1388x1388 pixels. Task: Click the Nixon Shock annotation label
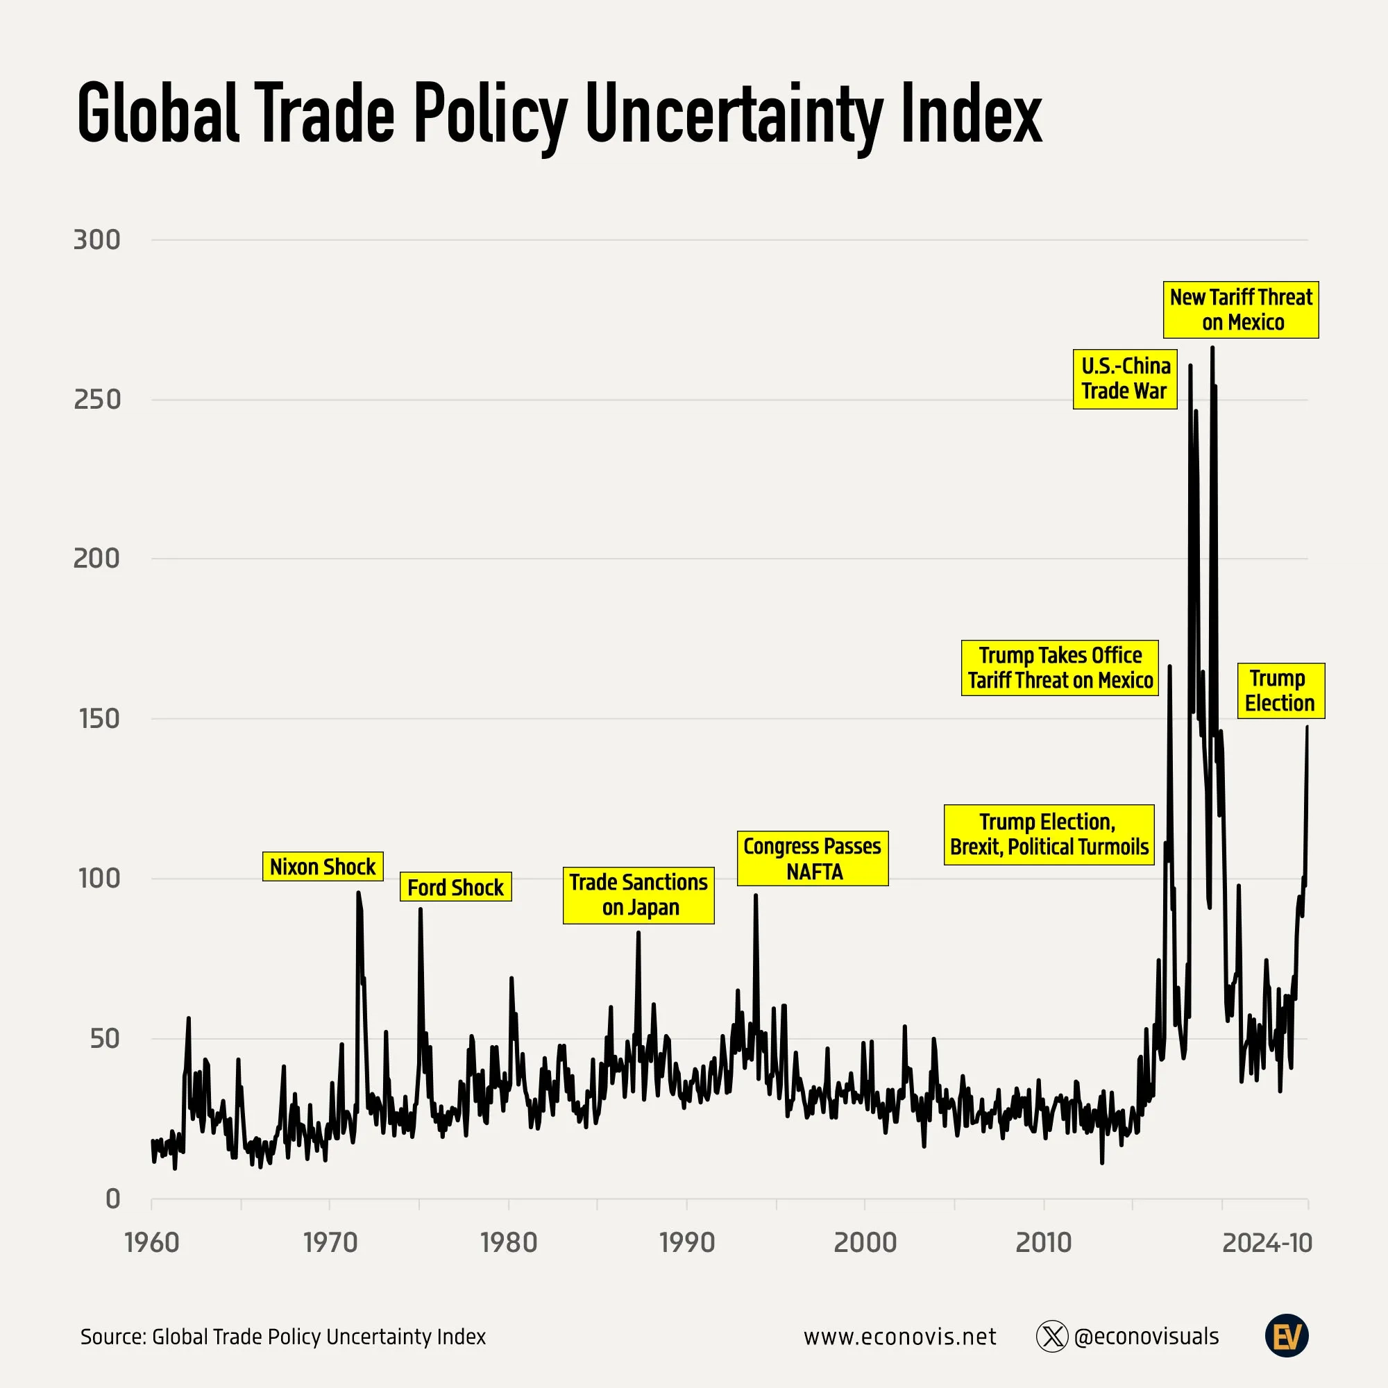coord(323,866)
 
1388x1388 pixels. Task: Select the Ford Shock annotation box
coord(455,887)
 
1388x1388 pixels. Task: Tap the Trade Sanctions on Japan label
coord(638,895)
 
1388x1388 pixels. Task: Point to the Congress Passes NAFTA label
coord(812,858)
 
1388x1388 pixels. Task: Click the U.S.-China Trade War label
coord(1124,379)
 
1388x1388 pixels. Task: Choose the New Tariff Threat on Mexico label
coord(1241,310)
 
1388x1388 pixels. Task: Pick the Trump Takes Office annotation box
coord(1060,668)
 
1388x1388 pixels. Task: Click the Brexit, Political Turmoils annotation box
coord(1048,834)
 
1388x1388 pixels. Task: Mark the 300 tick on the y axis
coord(97,240)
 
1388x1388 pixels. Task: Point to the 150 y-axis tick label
coord(99,718)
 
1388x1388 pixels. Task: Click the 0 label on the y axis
coord(113,1199)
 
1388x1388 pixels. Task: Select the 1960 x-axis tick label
coord(151,1242)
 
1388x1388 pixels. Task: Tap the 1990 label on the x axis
coord(687,1242)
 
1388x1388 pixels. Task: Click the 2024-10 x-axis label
coord(1267,1242)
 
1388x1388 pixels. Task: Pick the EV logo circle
coord(1286,1335)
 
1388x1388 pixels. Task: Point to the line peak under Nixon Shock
coord(358,894)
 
